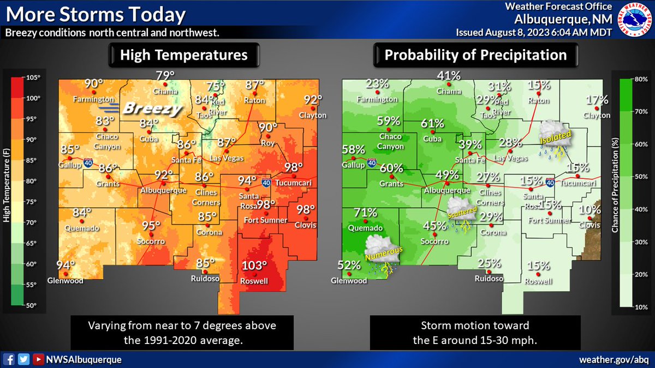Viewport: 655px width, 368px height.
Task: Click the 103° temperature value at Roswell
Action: pyautogui.click(x=254, y=267)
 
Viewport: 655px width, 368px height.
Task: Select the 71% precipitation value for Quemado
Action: pyautogui.click(x=365, y=213)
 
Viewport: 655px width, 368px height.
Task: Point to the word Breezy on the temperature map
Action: pyautogui.click(x=152, y=108)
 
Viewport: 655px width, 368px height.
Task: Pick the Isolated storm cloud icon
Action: pyautogui.click(x=555, y=136)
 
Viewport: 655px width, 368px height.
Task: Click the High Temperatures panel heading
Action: pyautogui.click(x=183, y=55)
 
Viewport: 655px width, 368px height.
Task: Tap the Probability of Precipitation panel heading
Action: pyautogui.click(x=475, y=55)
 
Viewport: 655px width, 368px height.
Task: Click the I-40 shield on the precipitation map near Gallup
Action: pyautogui.click(x=371, y=162)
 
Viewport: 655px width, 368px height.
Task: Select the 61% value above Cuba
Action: pyautogui.click(x=432, y=123)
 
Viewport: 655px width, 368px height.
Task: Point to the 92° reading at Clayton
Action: pyautogui.click(x=313, y=100)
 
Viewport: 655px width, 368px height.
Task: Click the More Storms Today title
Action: pyautogui.click(x=95, y=14)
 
